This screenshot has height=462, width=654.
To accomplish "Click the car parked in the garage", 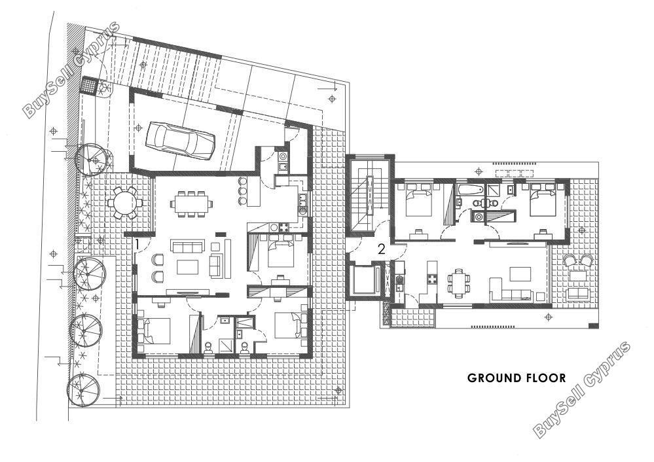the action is pos(180,140).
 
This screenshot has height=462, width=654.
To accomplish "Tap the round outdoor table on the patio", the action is pos(124,203).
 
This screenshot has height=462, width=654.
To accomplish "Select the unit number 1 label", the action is pos(137,245).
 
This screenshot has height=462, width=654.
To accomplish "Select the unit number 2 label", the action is pos(381,249).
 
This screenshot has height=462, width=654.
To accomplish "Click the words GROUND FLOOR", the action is pos(517,378).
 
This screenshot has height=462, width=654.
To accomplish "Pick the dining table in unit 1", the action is pos(191,204).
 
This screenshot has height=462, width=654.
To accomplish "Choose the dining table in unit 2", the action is pos(458,283).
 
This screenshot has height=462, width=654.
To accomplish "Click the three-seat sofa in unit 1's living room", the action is pos(187,247).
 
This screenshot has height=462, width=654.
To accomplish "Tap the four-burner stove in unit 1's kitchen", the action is pos(284,228).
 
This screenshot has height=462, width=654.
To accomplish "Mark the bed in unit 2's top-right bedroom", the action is pos(543,202).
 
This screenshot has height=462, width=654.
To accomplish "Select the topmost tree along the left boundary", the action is pos(94,160).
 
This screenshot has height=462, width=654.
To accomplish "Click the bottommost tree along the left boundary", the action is pos(84,390).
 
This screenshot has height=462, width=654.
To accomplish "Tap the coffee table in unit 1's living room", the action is pos(187,267).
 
